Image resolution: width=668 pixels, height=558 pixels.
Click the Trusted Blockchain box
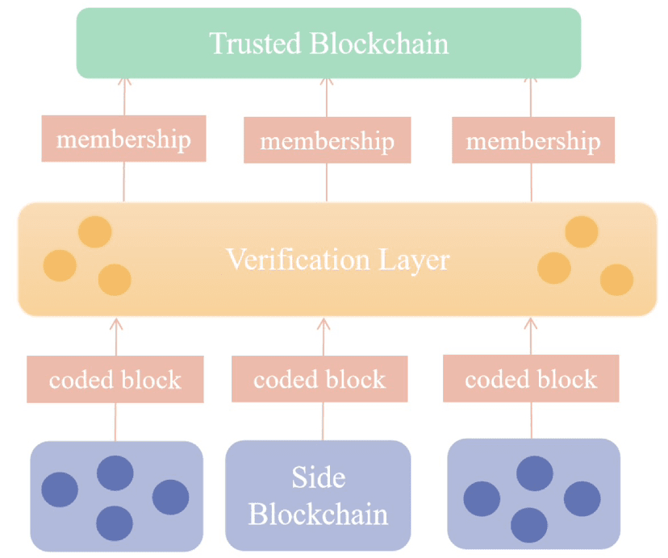pos(328,44)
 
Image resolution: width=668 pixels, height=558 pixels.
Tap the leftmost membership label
pos(123,139)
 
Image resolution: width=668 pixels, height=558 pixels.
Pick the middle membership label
pos(327,142)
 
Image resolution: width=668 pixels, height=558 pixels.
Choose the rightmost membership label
pos(533,142)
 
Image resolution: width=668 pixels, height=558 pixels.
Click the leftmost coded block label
pos(115,380)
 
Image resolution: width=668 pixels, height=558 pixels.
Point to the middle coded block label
pos(319,380)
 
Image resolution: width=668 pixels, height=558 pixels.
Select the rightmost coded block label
pos(531,379)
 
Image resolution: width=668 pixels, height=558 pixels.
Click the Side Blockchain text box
pos(318,495)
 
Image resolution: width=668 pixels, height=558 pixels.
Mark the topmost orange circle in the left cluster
pos(95,232)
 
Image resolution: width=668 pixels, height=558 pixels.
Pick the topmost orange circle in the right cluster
pos(582,232)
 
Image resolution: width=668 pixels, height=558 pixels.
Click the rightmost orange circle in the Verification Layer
pos(617,279)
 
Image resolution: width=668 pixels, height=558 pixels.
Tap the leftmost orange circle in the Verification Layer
pos(60,264)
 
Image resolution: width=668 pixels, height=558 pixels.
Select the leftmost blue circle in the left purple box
pos(60,489)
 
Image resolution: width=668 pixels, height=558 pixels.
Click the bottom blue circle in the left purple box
pos(115,523)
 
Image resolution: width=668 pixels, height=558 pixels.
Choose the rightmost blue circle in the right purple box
pos(582,499)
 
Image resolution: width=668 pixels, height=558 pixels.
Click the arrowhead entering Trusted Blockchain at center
pos(327,81)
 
